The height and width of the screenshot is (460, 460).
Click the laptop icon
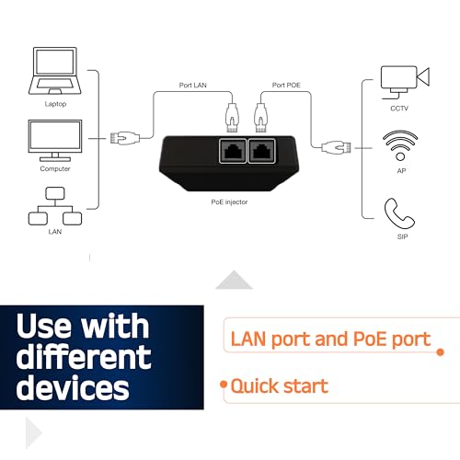[x=55, y=71]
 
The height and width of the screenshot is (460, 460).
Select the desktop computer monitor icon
[x=55, y=141]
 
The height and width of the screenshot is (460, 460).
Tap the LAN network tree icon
[x=55, y=206]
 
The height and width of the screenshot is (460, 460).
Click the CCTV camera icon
[x=405, y=82]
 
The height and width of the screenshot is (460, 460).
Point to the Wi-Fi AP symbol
[x=400, y=144]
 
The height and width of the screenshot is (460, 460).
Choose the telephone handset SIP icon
[x=399, y=213]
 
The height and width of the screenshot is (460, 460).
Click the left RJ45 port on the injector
[x=233, y=151]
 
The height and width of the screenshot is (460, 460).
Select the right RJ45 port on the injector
[x=261, y=151]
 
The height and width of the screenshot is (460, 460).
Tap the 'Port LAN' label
[x=193, y=85]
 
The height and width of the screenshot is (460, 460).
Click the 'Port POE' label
[x=286, y=85]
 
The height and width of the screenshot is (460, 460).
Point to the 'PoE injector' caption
[x=229, y=201]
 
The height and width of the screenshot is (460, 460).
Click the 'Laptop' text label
[x=55, y=104]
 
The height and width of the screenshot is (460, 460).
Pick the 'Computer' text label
[x=55, y=168]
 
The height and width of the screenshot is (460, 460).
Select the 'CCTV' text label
[x=399, y=109]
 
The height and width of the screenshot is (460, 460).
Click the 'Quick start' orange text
[x=280, y=386]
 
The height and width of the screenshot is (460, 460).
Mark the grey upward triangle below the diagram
[x=234, y=280]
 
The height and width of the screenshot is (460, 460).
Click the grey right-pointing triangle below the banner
[x=33, y=432]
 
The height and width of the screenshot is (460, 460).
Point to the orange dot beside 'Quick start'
[x=224, y=385]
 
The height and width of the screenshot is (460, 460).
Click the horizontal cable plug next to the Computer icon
[x=125, y=138]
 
